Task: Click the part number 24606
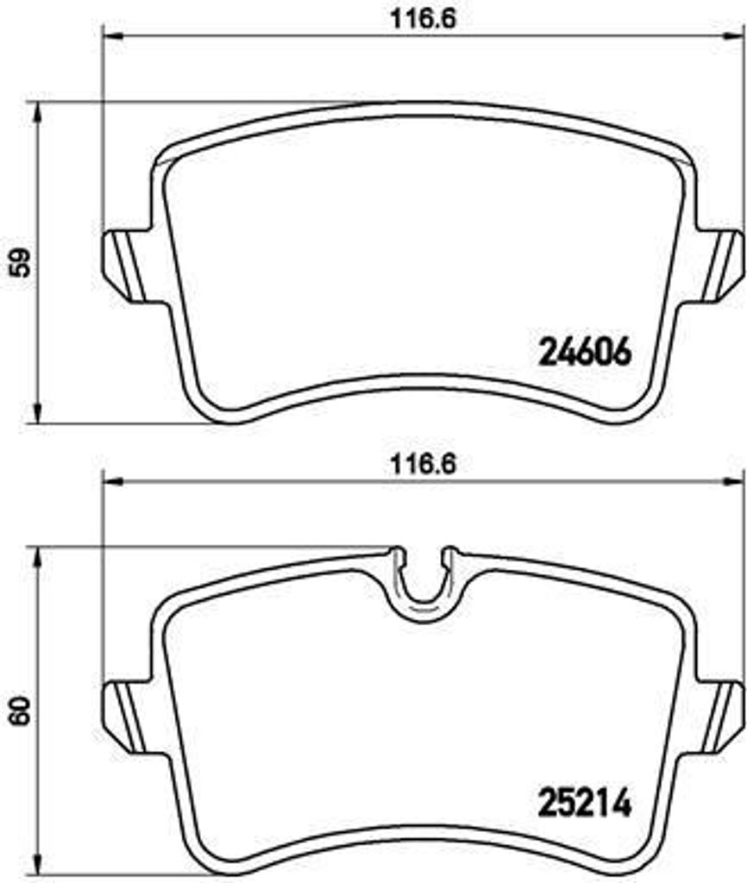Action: (586, 351)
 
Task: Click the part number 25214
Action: (586, 804)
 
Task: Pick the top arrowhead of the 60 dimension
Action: (36, 556)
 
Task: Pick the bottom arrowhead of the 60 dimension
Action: (36, 869)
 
